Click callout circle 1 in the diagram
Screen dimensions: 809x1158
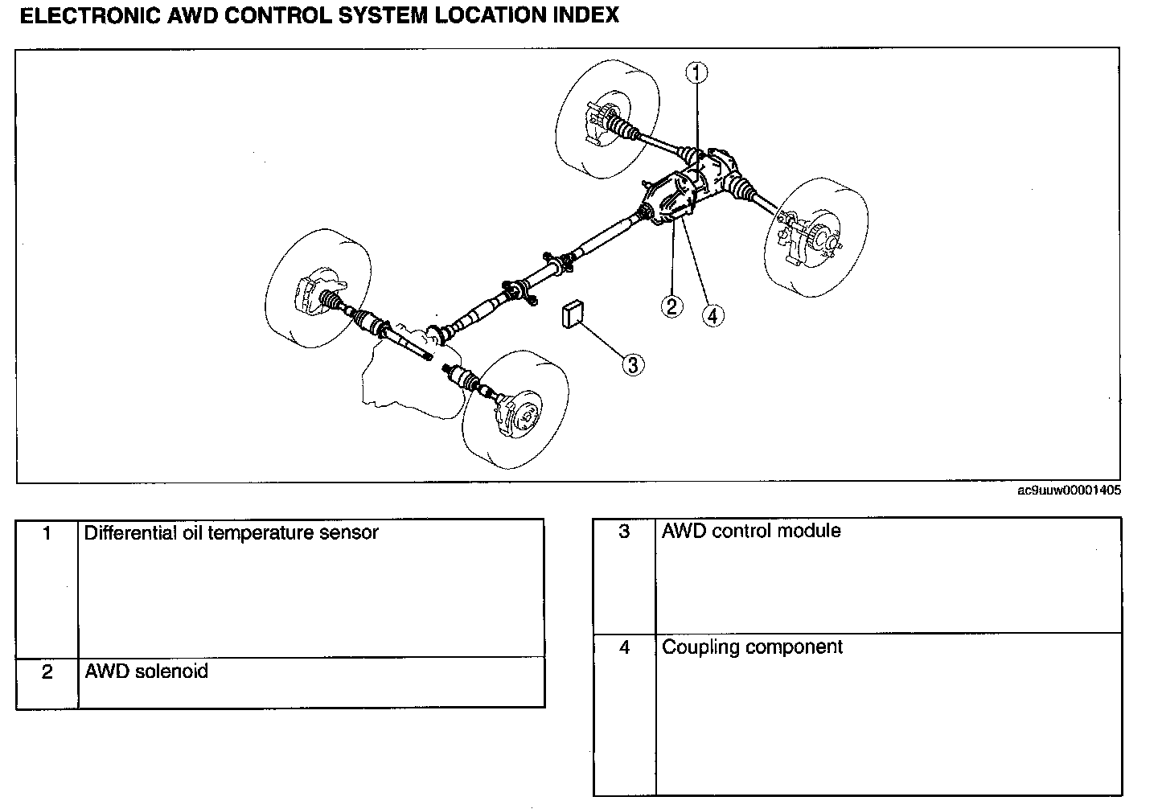(x=696, y=72)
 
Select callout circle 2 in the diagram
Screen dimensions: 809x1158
(x=672, y=306)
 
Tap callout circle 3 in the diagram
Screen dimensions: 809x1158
(x=633, y=364)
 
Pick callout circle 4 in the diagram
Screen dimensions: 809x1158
(x=712, y=315)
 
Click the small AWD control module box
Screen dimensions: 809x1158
(x=573, y=314)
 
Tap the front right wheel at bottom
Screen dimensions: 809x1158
(x=515, y=409)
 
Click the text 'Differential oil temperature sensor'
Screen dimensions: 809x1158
(x=231, y=532)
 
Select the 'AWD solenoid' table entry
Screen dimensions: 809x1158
(x=146, y=671)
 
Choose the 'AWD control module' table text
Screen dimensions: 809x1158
(x=751, y=531)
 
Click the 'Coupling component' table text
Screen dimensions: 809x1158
(x=752, y=647)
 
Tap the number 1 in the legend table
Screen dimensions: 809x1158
(x=47, y=533)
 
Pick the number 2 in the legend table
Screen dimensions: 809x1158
(x=47, y=671)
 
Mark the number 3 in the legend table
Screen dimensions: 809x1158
(x=624, y=532)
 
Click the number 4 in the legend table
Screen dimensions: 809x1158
(x=624, y=647)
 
